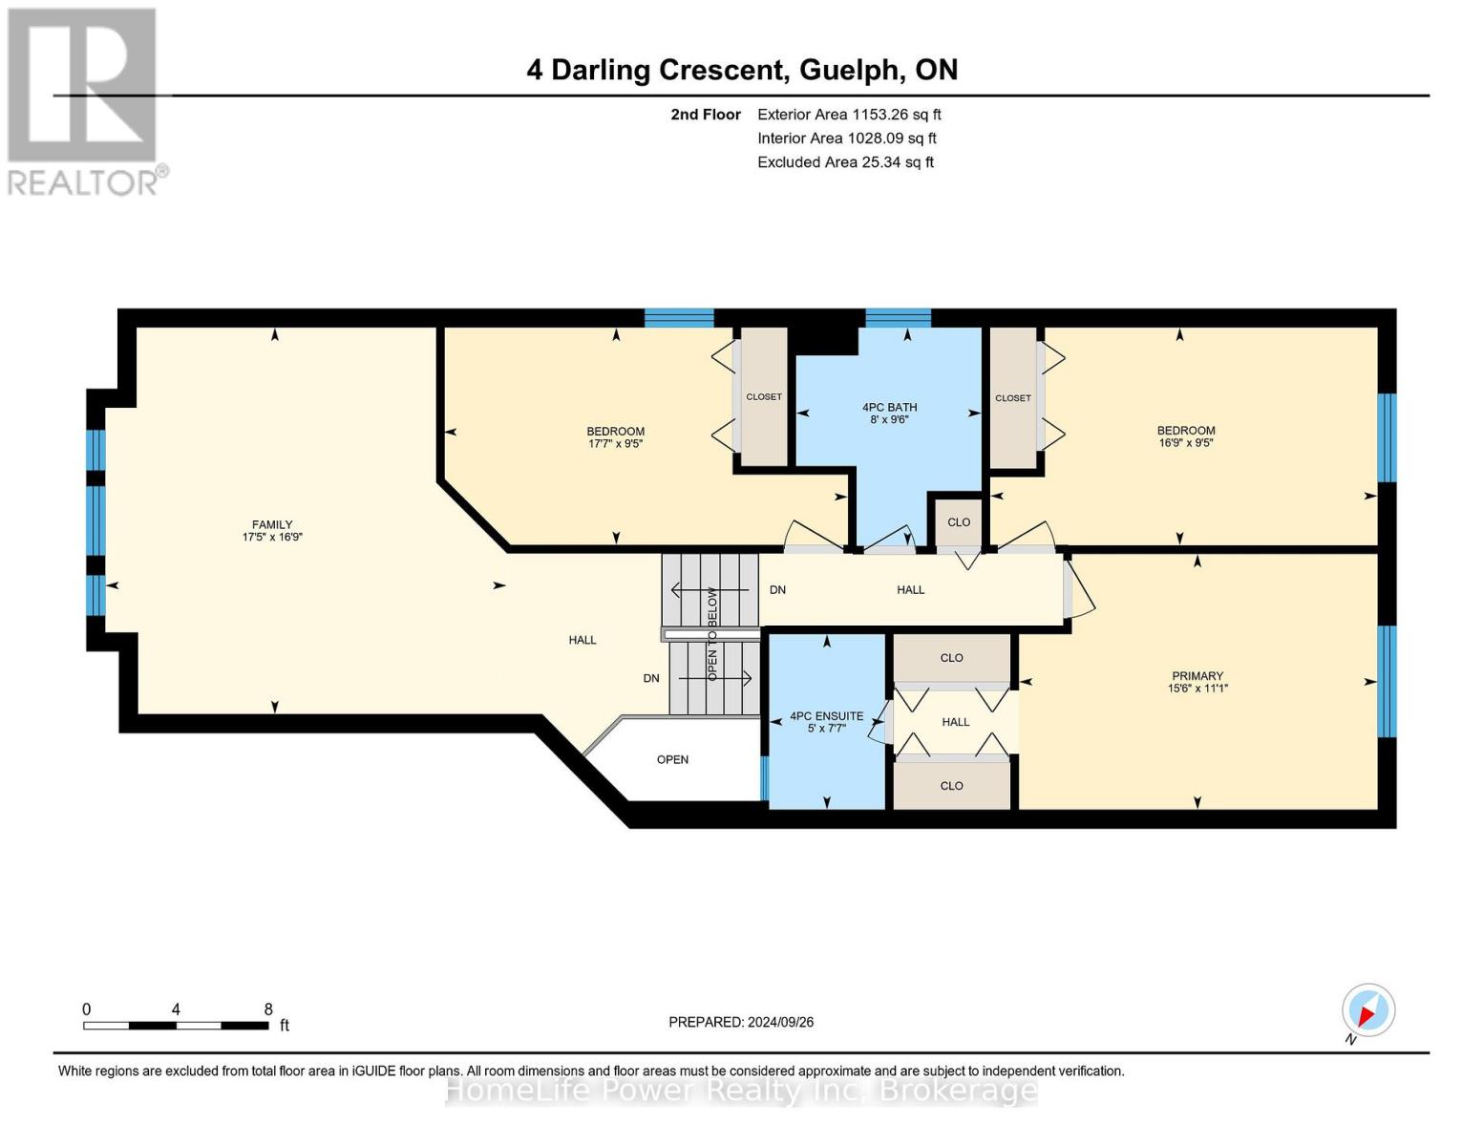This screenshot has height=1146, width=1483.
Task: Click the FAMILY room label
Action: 272,524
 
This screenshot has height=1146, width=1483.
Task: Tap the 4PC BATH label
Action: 889,407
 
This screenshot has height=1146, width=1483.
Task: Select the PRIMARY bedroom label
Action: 1197,675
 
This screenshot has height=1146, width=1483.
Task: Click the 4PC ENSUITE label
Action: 826,715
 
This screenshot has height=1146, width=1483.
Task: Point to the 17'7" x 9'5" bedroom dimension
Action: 615,443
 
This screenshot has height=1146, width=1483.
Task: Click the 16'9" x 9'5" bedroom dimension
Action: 1186,443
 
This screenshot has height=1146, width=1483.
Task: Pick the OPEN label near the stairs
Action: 672,759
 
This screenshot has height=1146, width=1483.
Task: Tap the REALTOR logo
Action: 84,100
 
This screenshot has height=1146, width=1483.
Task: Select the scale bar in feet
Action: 176,1025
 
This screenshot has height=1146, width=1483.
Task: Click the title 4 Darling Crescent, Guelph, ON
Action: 742,70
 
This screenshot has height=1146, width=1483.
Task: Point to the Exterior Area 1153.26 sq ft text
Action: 849,114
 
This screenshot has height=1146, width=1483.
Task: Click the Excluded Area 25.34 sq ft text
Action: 845,161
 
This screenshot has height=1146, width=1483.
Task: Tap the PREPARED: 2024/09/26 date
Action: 741,1022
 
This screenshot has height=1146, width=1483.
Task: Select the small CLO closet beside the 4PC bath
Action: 959,521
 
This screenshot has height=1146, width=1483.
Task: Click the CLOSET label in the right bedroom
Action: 1012,397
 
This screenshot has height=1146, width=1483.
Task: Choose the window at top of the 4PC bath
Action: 898,318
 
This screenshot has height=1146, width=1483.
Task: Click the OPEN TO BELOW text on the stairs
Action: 712,634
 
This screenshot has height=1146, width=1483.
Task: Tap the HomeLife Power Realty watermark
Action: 741,1090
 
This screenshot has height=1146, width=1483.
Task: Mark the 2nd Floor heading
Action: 706,114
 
